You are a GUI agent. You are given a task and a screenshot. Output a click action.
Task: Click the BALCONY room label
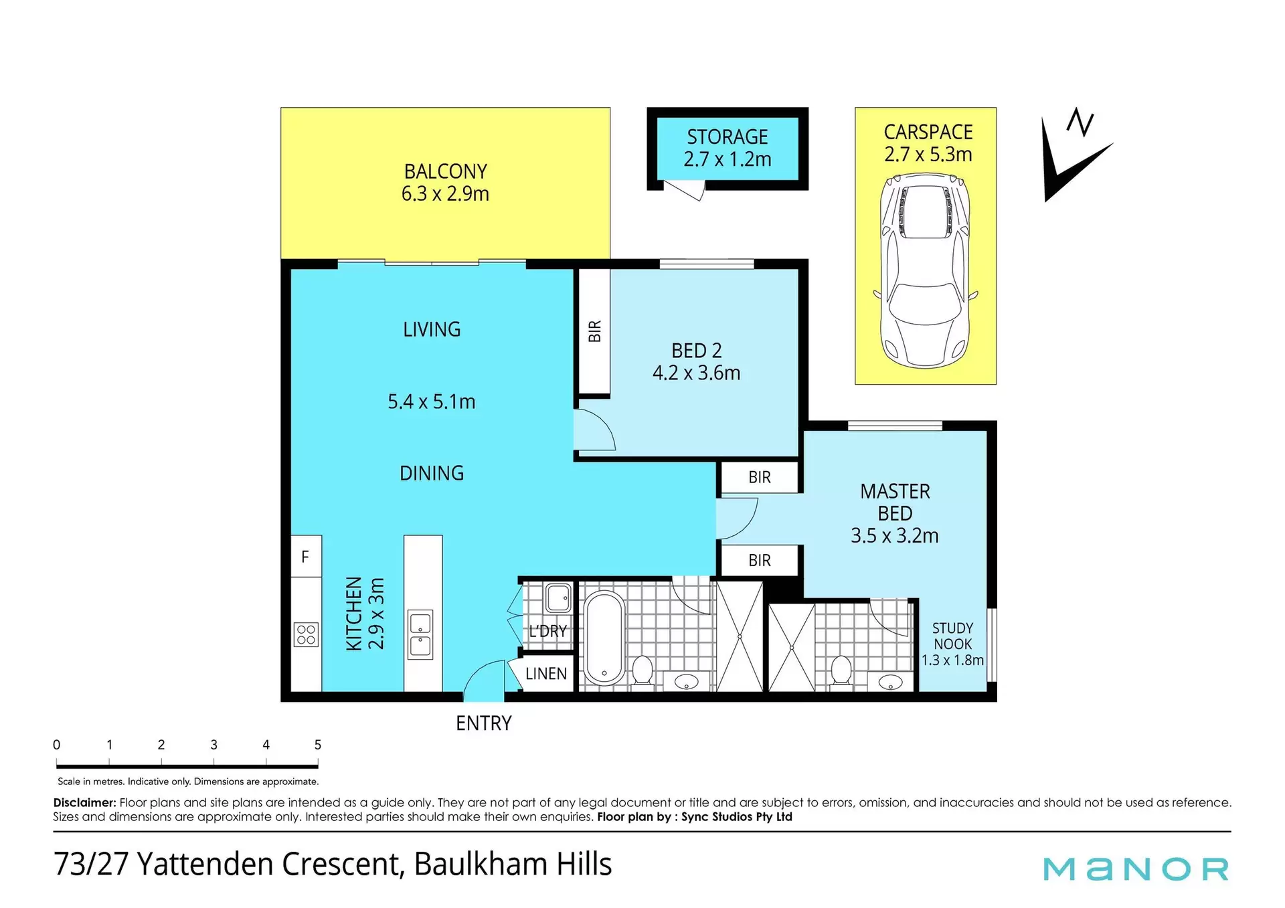click(x=446, y=171)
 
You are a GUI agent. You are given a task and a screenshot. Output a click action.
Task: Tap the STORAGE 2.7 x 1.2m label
click(x=727, y=148)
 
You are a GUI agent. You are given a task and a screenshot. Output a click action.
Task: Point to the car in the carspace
click(x=926, y=272)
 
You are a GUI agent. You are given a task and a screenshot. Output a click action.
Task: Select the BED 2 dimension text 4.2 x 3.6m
click(x=697, y=373)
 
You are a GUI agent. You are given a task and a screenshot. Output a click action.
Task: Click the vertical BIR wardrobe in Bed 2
click(x=594, y=331)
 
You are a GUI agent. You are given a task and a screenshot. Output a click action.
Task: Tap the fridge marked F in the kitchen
click(x=306, y=556)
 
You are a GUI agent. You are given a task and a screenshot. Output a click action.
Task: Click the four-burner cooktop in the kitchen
click(x=306, y=634)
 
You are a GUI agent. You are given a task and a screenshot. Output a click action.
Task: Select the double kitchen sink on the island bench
click(x=420, y=634)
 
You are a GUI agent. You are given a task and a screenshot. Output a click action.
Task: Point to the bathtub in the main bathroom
click(x=604, y=638)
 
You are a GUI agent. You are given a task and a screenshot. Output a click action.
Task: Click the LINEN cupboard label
click(x=546, y=674)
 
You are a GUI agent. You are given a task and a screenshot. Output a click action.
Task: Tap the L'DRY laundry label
click(x=547, y=631)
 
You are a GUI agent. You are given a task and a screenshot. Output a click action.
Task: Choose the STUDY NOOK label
click(x=953, y=636)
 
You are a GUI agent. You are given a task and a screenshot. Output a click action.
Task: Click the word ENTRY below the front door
click(x=484, y=723)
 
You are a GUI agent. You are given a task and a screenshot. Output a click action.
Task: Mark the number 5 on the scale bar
click(x=318, y=745)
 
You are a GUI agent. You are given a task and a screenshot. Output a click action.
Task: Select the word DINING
click(x=432, y=473)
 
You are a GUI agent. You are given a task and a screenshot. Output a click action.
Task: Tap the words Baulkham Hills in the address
click(x=513, y=864)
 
